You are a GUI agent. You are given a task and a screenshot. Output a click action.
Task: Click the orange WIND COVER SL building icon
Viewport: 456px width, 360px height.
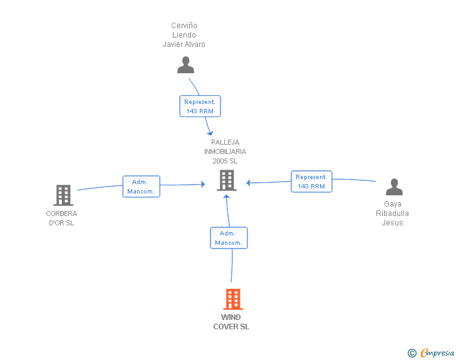(232, 299)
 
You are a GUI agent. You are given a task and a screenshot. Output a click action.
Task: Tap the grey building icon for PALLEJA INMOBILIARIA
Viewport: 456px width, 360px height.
(226, 180)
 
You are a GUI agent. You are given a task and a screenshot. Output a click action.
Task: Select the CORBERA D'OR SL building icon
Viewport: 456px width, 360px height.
(63, 195)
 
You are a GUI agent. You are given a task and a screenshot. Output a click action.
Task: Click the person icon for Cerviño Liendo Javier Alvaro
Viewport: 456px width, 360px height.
(185, 64)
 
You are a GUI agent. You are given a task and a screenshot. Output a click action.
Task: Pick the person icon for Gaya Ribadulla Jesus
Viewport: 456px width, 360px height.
(393, 187)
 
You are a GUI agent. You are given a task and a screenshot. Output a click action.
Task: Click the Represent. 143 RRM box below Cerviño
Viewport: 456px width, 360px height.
(200, 106)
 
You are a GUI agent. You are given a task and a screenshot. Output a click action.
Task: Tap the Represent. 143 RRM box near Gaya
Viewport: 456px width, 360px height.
(311, 182)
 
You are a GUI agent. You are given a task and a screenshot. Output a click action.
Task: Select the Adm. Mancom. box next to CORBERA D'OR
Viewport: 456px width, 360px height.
(141, 187)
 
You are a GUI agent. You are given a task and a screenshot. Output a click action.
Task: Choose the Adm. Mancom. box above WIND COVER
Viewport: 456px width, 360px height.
(228, 238)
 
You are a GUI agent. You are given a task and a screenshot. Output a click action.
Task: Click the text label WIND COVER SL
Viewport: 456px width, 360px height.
(231, 322)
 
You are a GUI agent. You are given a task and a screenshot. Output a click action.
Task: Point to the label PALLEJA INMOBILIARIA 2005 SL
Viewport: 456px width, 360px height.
(225, 152)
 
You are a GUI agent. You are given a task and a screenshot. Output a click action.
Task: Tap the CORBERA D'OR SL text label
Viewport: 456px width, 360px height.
(61, 219)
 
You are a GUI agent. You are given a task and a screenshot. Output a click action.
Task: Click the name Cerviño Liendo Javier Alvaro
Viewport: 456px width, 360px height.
(184, 35)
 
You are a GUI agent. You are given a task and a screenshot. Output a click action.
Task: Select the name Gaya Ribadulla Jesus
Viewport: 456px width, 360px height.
(392, 213)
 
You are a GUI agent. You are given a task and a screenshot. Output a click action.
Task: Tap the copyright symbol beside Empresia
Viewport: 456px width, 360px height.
(412, 353)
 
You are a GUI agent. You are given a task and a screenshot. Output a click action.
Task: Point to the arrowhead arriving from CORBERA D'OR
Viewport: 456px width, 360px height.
(203, 183)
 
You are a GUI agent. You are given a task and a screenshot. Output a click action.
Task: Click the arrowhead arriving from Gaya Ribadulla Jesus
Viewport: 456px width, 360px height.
(249, 183)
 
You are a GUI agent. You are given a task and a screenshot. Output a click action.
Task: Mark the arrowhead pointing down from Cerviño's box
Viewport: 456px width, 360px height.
(210, 133)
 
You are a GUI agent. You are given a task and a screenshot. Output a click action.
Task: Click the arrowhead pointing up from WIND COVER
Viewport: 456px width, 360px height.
(226, 195)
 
